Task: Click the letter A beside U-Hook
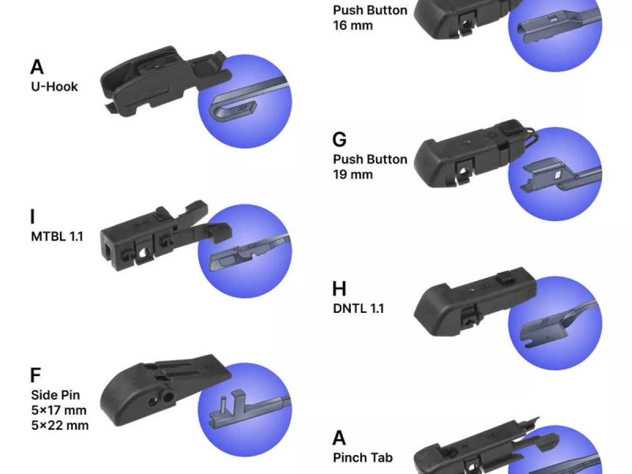pyautogui.click(x=37, y=67)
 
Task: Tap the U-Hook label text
pyautogui.click(x=54, y=86)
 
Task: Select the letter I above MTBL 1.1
pyautogui.click(x=33, y=216)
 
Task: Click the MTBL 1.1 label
pyautogui.click(x=57, y=236)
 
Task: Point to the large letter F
pyautogui.click(x=35, y=375)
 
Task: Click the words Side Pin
pyautogui.click(x=56, y=395)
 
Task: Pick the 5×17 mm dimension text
pyautogui.click(x=59, y=410)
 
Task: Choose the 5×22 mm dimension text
pyautogui.click(x=60, y=426)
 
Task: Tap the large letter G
pyautogui.click(x=340, y=140)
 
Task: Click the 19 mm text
pyautogui.click(x=353, y=175)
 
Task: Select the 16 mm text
pyautogui.click(x=353, y=25)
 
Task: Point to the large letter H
pyautogui.click(x=339, y=289)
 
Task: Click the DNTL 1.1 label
pyautogui.click(x=359, y=309)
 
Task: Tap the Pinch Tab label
pyautogui.click(x=363, y=458)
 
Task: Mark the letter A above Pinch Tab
pyautogui.click(x=339, y=438)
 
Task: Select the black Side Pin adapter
pyautogui.click(x=165, y=390)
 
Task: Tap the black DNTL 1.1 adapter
pyautogui.click(x=475, y=302)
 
